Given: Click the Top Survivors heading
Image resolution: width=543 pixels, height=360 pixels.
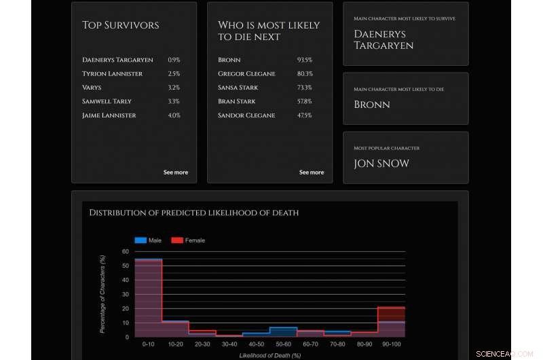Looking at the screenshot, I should click(x=121, y=25).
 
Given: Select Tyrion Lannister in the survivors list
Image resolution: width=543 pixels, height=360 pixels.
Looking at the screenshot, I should click(x=113, y=73).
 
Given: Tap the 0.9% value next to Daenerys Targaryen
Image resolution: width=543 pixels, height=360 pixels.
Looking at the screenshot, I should click(x=174, y=60).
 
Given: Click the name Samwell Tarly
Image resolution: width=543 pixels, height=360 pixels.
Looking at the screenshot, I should click(x=107, y=101).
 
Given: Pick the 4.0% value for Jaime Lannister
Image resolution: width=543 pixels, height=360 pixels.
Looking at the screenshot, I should click(x=174, y=115).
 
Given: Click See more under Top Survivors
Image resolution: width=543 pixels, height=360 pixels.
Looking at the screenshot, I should click(x=175, y=173).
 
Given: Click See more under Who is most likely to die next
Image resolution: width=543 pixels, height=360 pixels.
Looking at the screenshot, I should click(x=311, y=173).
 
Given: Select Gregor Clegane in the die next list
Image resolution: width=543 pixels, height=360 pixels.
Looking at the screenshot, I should click(x=246, y=73).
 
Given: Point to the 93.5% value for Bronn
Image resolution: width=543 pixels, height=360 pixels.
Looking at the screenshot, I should click(x=304, y=60).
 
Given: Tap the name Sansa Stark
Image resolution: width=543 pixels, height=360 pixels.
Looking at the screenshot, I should click(x=238, y=88).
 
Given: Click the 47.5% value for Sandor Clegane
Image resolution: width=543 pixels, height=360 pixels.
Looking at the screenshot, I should click(x=304, y=115).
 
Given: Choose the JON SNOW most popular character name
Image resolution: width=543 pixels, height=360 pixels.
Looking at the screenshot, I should click(x=381, y=164).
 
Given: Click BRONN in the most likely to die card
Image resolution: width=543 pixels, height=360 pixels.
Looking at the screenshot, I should click(x=372, y=105).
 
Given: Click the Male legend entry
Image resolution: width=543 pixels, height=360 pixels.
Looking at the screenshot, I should click(x=149, y=240).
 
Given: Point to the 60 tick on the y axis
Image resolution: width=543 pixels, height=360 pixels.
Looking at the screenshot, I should click(x=126, y=251).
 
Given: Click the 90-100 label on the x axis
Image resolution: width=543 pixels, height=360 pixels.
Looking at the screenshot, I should click(x=392, y=344).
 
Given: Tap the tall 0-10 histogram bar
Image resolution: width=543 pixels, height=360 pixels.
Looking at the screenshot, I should click(x=148, y=299).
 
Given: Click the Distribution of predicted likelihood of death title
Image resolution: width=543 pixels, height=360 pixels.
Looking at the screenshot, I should click(x=194, y=213).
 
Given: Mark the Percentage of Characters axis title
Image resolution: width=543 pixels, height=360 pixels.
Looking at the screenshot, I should click(x=103, y=293).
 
